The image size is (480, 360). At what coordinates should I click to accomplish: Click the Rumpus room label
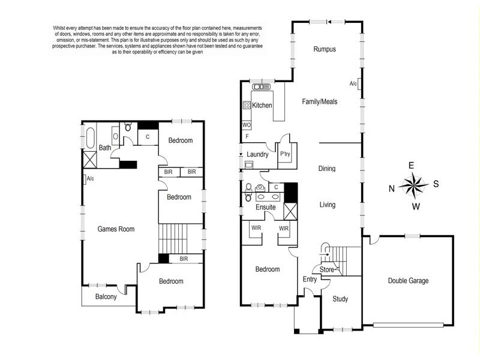tap(325, 49)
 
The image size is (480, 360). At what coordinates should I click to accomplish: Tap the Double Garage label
tap(408, 281)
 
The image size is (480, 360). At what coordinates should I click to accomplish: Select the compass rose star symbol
tap(413, 185)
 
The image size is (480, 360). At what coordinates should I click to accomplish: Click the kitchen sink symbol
tap(261, 87)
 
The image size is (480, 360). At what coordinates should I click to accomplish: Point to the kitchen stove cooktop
tap(247, 105)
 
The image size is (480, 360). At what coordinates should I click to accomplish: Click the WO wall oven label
tap(247, 125)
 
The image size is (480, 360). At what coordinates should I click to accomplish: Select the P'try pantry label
tap(285, 154)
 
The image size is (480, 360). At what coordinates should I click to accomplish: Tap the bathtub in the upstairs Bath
tap(91, 138)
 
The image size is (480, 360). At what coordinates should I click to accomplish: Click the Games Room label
tap(116, 229)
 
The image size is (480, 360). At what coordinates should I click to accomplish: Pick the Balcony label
tap(106, 296)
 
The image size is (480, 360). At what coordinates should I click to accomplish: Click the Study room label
tap(340, 299)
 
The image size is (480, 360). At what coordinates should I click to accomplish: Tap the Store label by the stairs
tap(326, 269)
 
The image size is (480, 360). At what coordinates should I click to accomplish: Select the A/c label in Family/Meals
tap(353, 83)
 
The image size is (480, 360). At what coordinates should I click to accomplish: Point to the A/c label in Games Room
tap(91, 178)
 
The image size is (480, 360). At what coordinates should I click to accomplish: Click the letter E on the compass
tap(411, 166)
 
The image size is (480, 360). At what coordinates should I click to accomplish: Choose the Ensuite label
tap(265, 207)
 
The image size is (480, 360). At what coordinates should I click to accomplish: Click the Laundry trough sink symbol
tap(249, 165)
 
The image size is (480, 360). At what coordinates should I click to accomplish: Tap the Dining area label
tap(326, 169)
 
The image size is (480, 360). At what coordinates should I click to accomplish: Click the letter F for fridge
tap(247, 137)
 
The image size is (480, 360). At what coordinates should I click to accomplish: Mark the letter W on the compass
tap(415, 206)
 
